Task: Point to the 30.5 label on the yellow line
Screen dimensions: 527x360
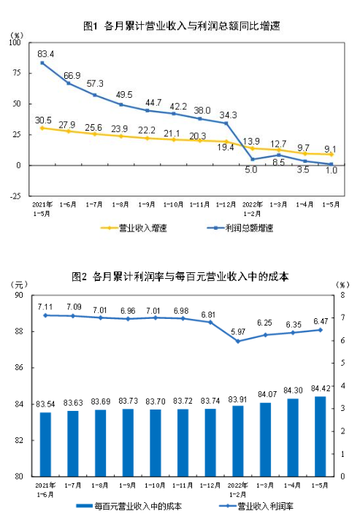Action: coord(43,120)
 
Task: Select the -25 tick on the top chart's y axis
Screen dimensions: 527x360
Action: coord(15,196)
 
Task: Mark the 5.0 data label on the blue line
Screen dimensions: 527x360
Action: coord(250,169)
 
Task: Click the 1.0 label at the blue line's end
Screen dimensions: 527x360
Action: coord(330,170)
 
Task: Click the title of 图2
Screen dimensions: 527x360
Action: coord(180,277)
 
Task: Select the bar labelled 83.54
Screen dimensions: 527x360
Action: coord(45,444)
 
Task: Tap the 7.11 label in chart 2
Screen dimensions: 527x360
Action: coord(45,307)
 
